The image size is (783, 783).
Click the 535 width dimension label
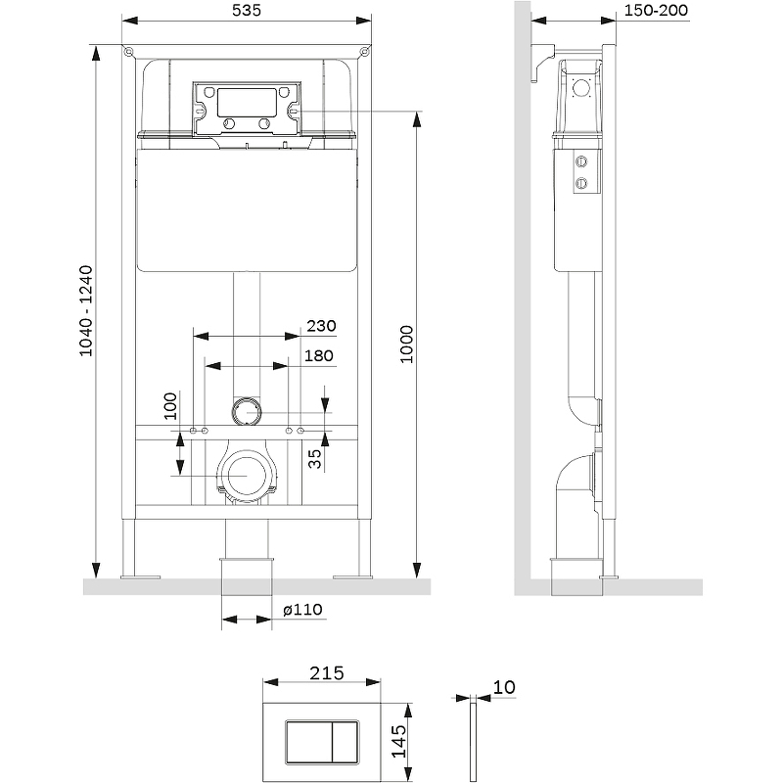tap(249, 10)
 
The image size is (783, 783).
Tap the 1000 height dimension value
tap(406, 344)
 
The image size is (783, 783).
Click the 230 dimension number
tap(322, 326)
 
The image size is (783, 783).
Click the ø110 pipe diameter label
tap(302, 610)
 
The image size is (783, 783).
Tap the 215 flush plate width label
tap(327, 672)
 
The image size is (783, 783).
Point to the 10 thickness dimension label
tap(505, 687)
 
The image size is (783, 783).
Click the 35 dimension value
tap(315, 459)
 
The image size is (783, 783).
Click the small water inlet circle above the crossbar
tap(248, 411)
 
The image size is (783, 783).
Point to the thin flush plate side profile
tap(473, 741)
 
